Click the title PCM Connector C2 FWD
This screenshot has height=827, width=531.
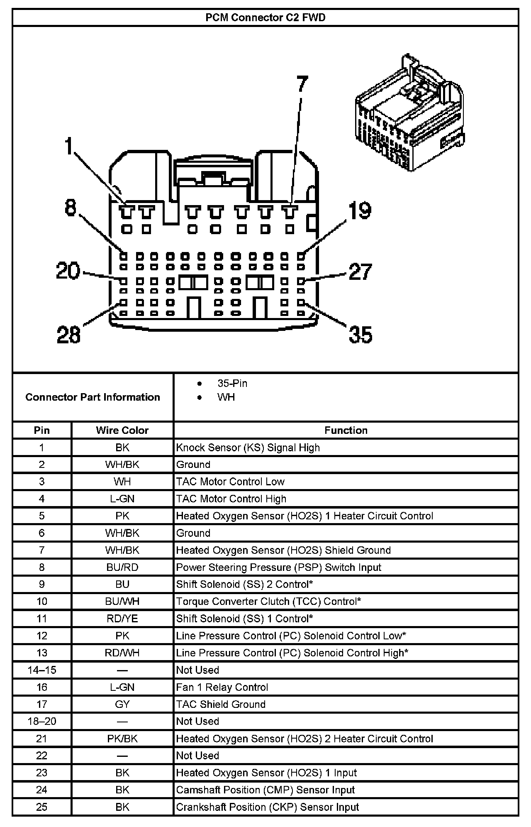(x=265, y=18)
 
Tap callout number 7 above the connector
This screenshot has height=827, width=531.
(x=302, y=84)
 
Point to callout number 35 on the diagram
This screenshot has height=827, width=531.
(x=360, y=334)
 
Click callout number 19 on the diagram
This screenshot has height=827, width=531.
(x=360, y=210)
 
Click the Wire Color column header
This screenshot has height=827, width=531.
(x=122, y=430)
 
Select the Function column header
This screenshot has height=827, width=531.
(x=346, y=430)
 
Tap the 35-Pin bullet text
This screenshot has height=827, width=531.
(x=232, y=383)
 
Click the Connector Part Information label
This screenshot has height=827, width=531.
(x=93, y=397)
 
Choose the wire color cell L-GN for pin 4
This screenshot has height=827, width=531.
(x=122, y=499)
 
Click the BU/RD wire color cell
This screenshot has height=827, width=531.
(x=122, y=567)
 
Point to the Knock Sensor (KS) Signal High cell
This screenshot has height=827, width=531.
(x=248, y=448)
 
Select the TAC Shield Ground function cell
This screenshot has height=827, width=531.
(x=221, y=704)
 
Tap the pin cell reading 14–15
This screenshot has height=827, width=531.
(x=42, y=670)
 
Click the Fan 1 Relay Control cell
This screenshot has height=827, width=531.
(x=222, y=687)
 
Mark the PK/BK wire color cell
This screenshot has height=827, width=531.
(x=122, y=739)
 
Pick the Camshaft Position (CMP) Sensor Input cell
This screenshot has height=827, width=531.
(x=265, y=790)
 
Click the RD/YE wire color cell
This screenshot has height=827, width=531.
(x=122, y=619)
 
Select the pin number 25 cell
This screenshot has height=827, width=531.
(x=42, y=807)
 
